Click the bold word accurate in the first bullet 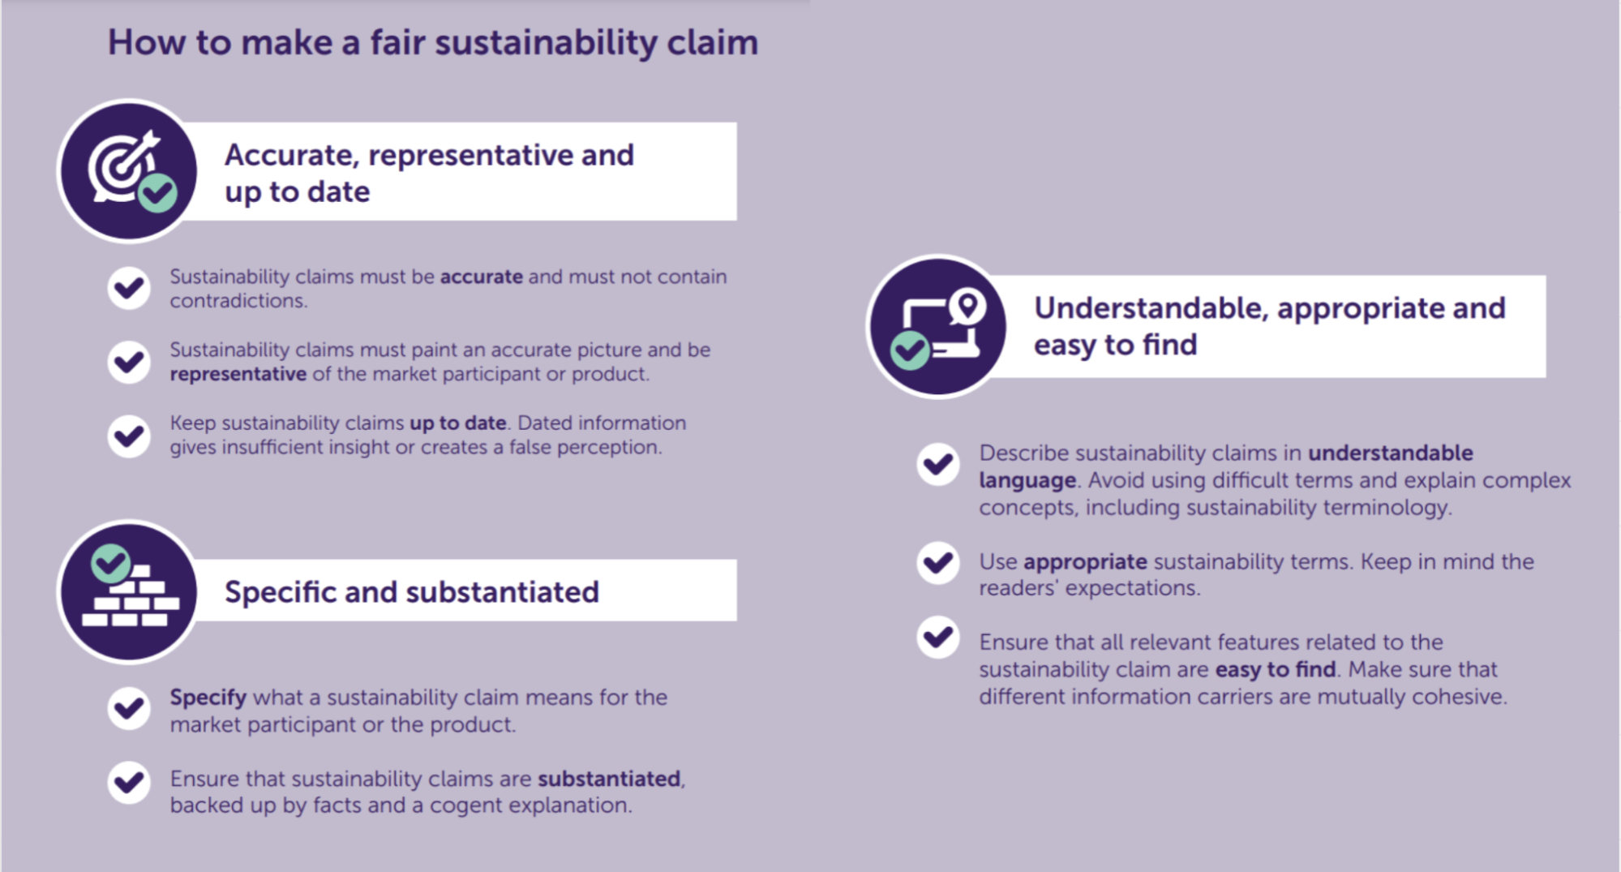click(481, 277)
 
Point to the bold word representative click(238, 374)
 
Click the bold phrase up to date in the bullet click(457, 423)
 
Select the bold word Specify click(208, 697)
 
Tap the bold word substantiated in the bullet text click(609, 779)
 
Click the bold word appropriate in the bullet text click(1085, 561)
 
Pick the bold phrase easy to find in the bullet click(1275, 669)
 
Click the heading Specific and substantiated click(411, 592)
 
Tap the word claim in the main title click(712, 42)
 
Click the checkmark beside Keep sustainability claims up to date click(129, 436)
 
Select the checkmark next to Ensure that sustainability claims click(129, 782)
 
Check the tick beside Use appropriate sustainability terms click(938, 562)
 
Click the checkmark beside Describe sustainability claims click(938, 464)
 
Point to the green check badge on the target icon click(157, 193)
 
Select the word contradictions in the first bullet click(238, 301)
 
